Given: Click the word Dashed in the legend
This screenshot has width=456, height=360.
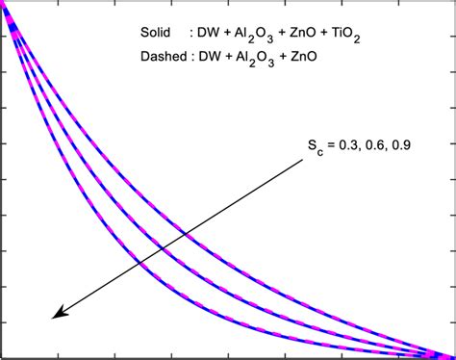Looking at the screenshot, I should point(162,58).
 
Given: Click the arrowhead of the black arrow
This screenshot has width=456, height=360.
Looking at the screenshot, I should point(57,313).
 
